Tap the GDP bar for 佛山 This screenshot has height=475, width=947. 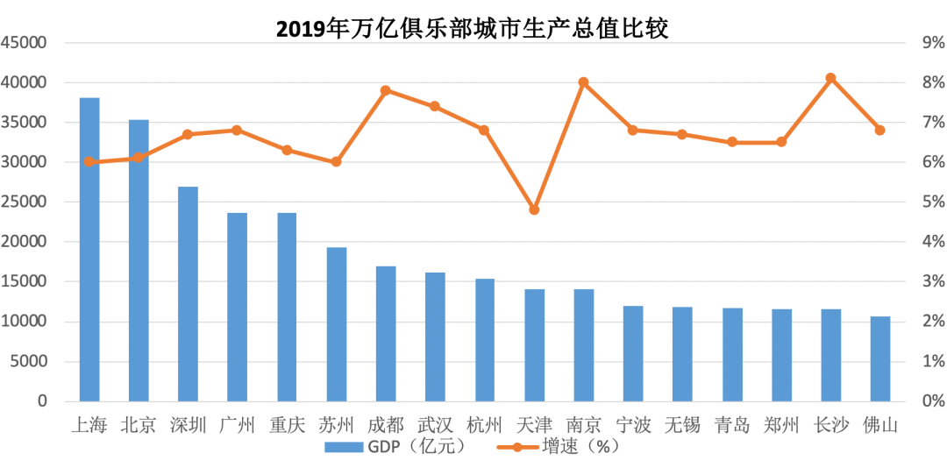click(880, 358)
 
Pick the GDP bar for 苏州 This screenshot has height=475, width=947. click(337, 324)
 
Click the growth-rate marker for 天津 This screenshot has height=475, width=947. click(534, 210)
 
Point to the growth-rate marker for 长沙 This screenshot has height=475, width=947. click(831, 78)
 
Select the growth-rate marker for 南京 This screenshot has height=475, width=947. click(583, 82)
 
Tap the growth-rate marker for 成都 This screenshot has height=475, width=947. click(386, 90)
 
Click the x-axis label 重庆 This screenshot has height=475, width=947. click(288, 426)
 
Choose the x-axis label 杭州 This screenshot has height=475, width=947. click(485, 426)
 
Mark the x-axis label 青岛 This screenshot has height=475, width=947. click(732, 426)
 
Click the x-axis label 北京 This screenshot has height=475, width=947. click(139, 426)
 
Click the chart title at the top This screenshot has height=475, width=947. click(473, 29)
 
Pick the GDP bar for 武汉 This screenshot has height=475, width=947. click(435, 337)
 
